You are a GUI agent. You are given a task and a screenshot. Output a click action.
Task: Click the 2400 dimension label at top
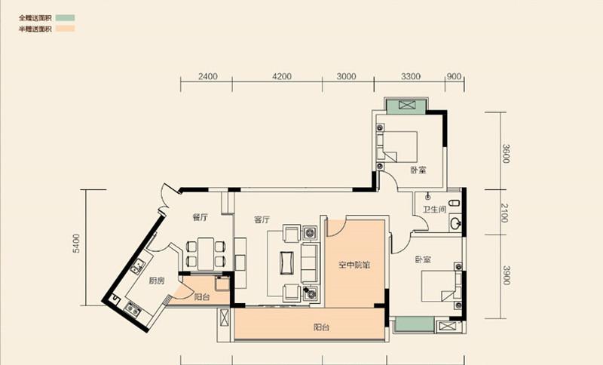coord(208,76)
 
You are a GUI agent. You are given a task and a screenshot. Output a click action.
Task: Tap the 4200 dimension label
coord(282,76)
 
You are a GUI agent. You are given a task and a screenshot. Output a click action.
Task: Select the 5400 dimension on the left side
coord(77,244)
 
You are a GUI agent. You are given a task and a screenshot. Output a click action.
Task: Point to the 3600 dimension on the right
coord(506,153)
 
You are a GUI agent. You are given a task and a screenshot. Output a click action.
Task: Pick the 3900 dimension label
coord(506,275)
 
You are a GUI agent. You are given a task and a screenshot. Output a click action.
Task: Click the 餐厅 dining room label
coord(200,217)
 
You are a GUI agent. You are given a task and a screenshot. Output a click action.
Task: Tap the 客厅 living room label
coord(262,219)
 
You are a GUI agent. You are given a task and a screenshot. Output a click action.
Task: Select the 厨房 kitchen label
coord(157,281)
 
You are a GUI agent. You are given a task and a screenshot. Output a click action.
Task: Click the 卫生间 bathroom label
coord(435,210)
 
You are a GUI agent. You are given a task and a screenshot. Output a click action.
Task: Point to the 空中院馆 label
coord(354,265)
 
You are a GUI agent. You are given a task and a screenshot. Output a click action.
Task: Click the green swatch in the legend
coord(65,17)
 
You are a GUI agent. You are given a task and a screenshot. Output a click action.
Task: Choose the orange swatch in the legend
coord(65,29)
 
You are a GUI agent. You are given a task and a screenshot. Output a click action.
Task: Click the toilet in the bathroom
coord(455,203)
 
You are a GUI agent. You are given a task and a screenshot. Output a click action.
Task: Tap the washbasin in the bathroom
coord(456,223)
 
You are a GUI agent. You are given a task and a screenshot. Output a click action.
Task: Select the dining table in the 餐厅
coord(206,254)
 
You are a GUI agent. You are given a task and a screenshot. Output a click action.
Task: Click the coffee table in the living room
coord(287,262)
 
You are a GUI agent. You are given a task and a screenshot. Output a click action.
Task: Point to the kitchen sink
coord(137,265)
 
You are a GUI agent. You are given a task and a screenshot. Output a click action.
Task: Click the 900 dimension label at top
coord(455,76)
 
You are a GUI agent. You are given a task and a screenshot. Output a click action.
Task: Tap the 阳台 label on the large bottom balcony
coord(321,328)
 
